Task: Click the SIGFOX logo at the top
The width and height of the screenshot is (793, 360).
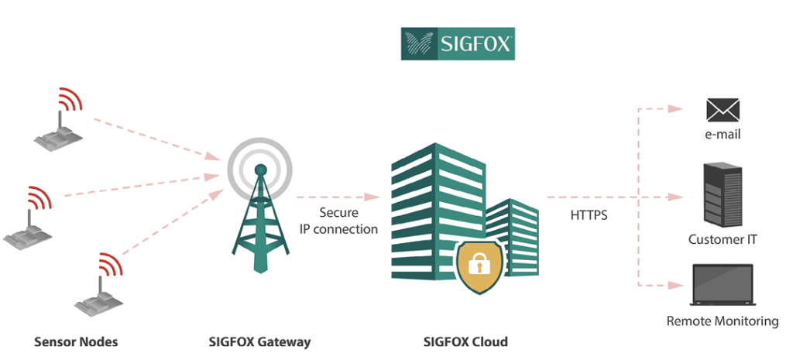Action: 457,44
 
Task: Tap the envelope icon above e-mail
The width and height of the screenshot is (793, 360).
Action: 723,110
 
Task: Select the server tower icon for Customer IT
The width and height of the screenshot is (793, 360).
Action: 723,195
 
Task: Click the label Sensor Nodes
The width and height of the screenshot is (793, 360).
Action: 76,341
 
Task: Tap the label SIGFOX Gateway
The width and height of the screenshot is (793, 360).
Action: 259,341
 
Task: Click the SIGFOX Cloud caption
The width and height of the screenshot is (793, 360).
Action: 465,341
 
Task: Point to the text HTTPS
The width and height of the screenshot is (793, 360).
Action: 589,215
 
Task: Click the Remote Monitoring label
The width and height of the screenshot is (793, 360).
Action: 723,321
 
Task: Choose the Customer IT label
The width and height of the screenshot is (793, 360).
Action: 723,239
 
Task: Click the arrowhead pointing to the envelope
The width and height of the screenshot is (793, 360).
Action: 678,109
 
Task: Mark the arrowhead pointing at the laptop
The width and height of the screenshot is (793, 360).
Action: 678,286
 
